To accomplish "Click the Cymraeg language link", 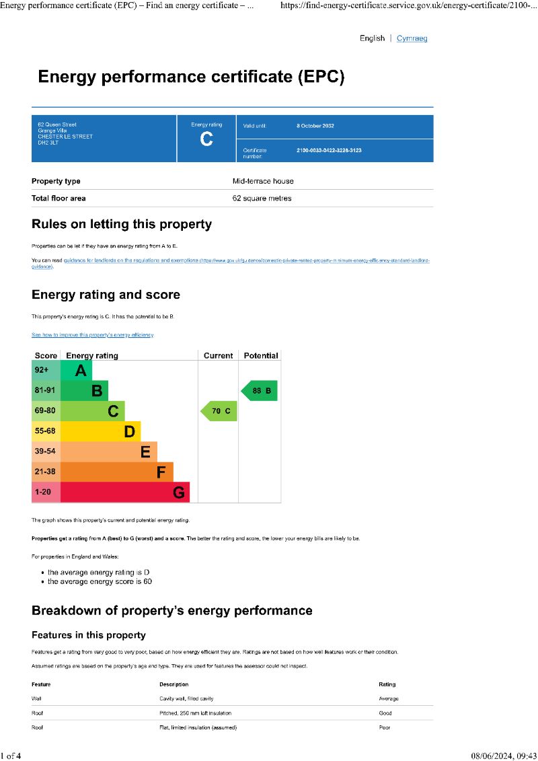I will pos(412,38).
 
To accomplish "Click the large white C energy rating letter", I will pos(206,139).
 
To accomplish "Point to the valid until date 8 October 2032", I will pos(315,126).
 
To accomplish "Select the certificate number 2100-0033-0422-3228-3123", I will pos(329,151).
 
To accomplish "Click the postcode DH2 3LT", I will pos(48,143).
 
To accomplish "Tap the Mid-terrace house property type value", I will pos(263,181).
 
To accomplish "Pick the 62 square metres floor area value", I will pos(262,198).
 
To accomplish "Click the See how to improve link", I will pos(93,335).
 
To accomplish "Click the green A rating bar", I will pos(76,371).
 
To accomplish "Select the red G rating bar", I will pos(125,493).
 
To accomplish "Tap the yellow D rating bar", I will pos(100,431).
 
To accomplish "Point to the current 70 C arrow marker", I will pos(218,411).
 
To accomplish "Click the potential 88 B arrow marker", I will pos(259,391).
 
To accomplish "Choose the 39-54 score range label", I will pos(46,451).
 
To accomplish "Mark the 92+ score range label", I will pos(42,370).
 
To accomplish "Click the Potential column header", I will pos(260,355).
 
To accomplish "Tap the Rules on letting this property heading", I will pos(122,225).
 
